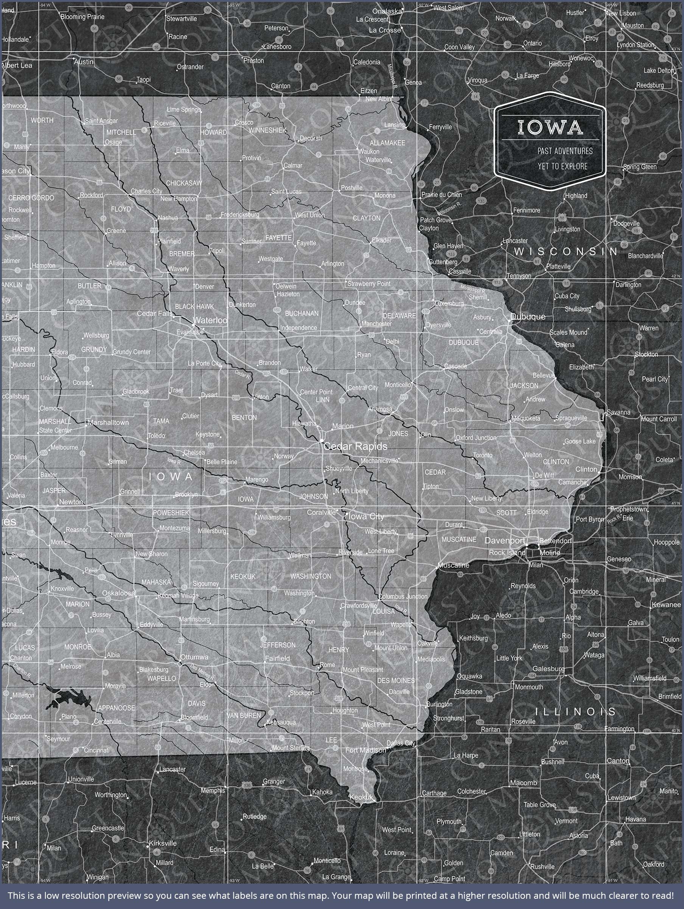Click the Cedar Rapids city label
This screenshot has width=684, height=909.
355,446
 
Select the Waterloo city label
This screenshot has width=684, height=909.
210,320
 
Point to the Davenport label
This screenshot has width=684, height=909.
505,540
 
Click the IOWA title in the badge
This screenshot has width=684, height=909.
550,127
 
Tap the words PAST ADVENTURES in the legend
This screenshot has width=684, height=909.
565,151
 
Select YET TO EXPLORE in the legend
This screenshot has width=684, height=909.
563,166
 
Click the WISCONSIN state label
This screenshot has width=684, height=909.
566,251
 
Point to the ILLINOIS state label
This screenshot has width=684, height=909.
575,711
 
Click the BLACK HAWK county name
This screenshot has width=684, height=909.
194,306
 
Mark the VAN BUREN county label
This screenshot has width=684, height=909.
244,715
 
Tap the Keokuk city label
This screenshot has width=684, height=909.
361,797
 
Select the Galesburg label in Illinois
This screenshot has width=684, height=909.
548,668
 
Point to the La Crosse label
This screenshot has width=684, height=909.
384,30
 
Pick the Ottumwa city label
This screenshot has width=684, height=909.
194,657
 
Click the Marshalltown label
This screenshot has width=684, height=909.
108,422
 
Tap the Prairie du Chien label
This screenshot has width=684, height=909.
441,195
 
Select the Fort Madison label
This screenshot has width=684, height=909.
365,750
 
